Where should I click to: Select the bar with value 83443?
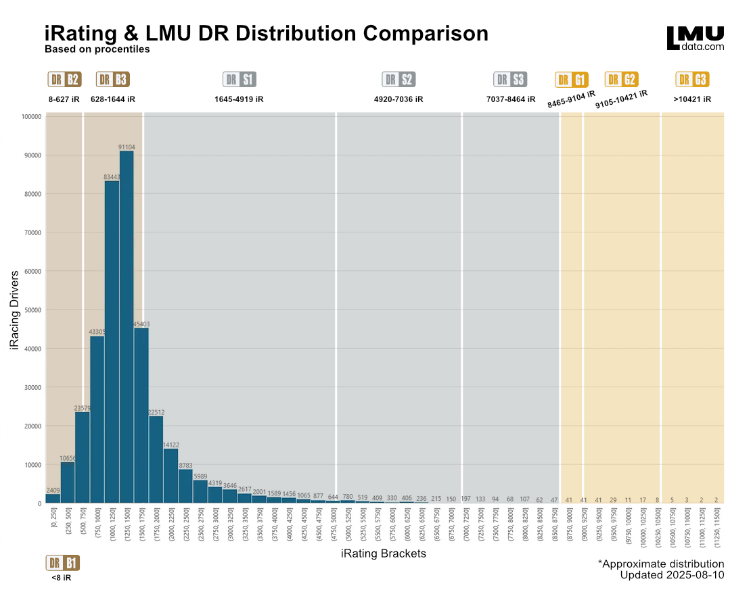pos(112,341)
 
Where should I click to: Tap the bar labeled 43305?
pos(97,419)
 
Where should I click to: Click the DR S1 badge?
pos(240,80)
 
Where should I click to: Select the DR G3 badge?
pos(692,80)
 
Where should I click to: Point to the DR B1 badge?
pos(63,563)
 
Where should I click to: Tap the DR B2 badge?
pos(64,80)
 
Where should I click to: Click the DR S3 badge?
pos(510,80)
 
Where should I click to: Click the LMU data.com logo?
pos(695,39)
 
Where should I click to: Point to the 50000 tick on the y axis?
pos(32,310)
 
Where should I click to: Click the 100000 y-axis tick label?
pos(30,117)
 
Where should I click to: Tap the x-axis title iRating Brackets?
pos(383,554)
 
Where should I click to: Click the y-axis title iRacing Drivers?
pos(16,310)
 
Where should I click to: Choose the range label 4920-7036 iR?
pos(399,99)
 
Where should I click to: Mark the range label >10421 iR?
pos(692,99)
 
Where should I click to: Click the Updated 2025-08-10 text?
pos(672,575)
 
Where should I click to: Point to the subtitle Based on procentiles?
pos(97,49)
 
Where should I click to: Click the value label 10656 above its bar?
pos(68,458)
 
